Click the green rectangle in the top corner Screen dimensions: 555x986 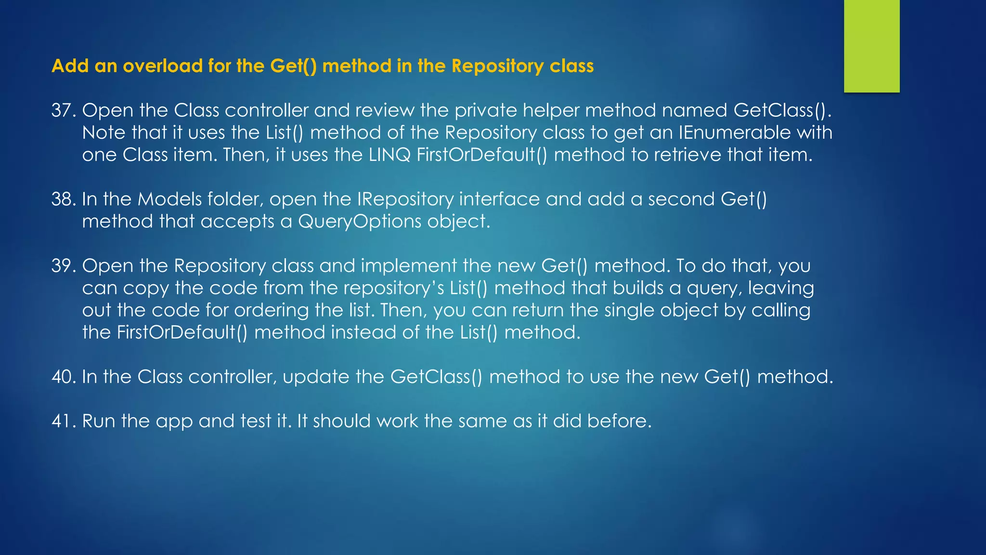pyautogui.click(x=871, y=46)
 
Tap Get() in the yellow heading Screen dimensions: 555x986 pyautogui.click(x=293, y=66)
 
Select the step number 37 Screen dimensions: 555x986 pyautogui.click(x=64, y=111)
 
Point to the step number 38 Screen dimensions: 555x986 pyautogui.click(x=64, y=199)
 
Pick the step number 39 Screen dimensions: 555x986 pyautogui.click(x=64, y=266)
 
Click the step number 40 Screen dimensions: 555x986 pyautogui.click(x=64, y=377)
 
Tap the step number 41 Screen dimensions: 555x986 pyautogui.click(x=64, y=421)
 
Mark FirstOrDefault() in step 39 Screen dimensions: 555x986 pyautogui.click(x=182, y=332)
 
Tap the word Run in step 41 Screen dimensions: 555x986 pyautogui.click(x=99, y=421)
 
